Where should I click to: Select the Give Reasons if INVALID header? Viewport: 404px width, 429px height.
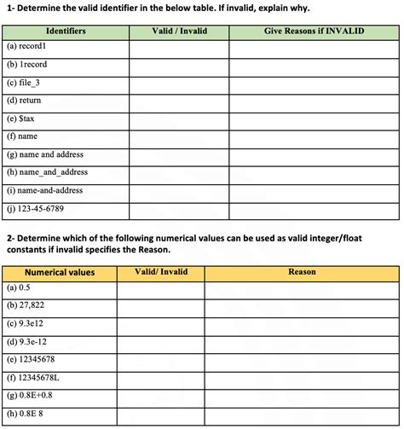coord(314,31)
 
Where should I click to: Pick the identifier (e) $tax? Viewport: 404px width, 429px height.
coord(21,119)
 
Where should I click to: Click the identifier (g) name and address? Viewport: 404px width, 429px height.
coord(46,154)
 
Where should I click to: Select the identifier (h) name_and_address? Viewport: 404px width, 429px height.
coord(48,172)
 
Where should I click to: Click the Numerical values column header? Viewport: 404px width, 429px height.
coord(60,272)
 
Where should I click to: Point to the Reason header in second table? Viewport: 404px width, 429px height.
coord(302,272)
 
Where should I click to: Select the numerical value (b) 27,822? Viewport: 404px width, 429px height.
coord(26,305)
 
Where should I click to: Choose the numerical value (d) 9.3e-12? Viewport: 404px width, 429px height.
coord(26,341)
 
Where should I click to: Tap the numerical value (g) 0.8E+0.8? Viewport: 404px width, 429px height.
coord(31,396)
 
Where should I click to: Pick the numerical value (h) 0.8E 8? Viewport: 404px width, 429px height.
coord(26,415)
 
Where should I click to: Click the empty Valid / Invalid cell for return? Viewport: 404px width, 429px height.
coord(179,100)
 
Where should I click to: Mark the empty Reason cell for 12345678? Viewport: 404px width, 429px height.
coord(302,359)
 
